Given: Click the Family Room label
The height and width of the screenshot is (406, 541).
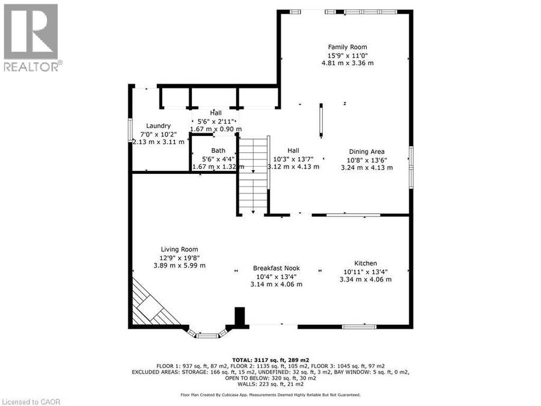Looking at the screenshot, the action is (347, 47).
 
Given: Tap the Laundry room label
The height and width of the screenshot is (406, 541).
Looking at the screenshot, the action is (158, 126).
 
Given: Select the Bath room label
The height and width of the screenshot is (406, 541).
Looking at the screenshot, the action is (218, 150).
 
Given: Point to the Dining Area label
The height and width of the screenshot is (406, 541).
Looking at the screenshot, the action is (367, 152).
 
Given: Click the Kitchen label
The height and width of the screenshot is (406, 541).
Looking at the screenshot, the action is (365, 263).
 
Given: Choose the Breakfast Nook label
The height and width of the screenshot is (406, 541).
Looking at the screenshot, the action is (277, 268).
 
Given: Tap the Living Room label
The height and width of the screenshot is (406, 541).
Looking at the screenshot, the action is (179, 249).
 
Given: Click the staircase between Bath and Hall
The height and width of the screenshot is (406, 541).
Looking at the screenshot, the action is (254, 176).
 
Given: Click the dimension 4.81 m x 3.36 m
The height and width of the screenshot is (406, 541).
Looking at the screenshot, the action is (347, 63).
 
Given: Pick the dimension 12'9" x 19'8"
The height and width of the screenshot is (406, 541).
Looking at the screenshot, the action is (179, 257).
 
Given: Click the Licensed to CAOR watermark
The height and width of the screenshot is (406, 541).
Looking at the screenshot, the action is (31, 402).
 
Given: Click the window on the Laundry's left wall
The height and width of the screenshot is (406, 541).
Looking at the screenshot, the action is (130, 129).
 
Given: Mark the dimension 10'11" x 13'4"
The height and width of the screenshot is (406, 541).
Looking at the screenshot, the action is (365, 272).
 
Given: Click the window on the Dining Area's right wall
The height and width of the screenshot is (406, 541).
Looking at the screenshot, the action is (411, 167).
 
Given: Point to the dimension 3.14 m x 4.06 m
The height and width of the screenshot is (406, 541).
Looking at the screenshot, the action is (277, 285).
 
